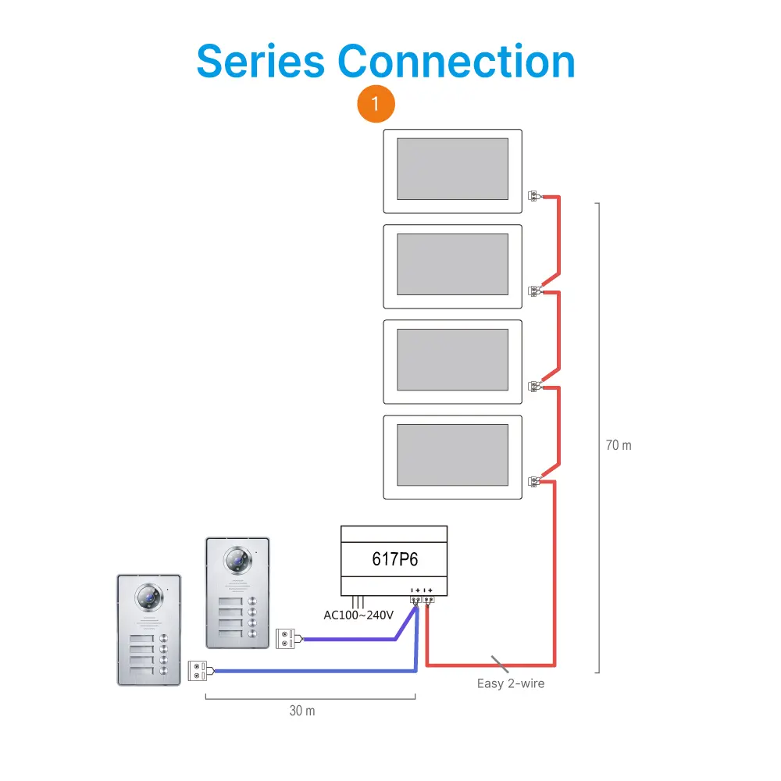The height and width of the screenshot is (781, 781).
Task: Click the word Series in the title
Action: (x=261, y=61)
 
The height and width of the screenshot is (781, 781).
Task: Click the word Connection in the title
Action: (x=456, y=61)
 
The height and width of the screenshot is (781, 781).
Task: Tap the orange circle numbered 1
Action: (x=376, y=104)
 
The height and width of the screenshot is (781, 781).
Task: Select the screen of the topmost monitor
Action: (x=452, y=169)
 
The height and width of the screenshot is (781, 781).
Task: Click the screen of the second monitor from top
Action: (x=452, y=264)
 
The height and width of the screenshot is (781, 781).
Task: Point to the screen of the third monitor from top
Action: (x=452, y=359)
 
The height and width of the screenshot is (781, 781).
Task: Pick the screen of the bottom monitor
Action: (x=452, y=455)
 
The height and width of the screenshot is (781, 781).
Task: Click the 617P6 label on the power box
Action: (x=394, y=559)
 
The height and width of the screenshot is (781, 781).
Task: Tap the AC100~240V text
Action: (x=358, y=615)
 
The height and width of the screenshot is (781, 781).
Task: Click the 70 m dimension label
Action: (x=619, y=445)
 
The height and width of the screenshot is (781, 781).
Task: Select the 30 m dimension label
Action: (x=302, y=711)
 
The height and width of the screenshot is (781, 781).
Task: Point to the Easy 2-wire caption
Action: (x=511, y=683)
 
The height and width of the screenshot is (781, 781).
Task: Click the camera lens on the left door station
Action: (x=149, y=597)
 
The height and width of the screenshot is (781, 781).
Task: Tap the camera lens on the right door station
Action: (x=238, y=560)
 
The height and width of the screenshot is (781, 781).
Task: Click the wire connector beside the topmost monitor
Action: (x=534, y=196)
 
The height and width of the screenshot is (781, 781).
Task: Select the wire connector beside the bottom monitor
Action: (x=534, y=482)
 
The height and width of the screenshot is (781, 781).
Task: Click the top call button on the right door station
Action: (x=252, y=601)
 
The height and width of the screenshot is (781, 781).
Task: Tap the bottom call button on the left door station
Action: (x=163, y=670)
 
